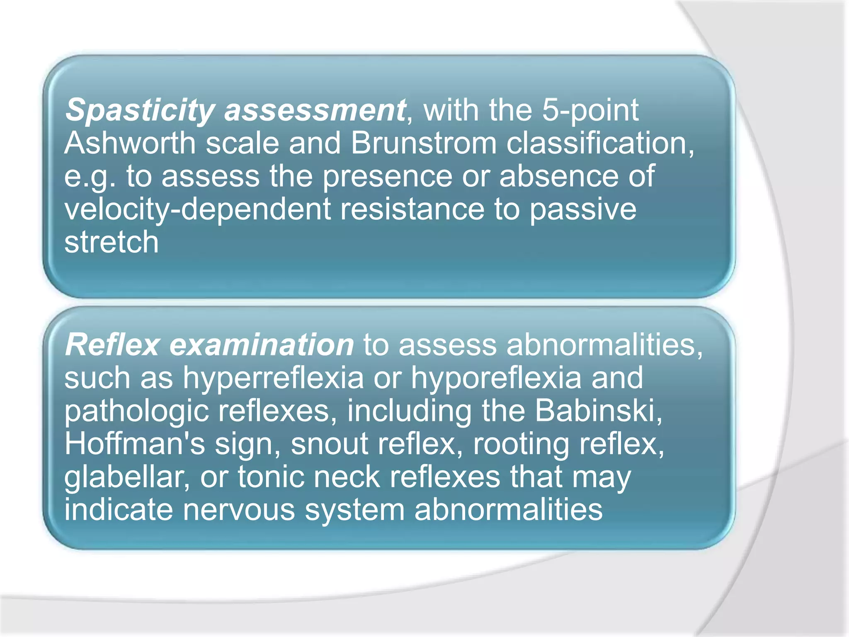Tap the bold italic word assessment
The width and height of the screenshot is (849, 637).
[x=315, y=110]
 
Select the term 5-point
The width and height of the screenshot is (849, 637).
[x=590, y=110]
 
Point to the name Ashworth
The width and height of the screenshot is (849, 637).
[x=130, y=143]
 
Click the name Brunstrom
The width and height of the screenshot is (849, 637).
[x=423, y=143]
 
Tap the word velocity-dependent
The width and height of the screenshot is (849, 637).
[x=197, y=209]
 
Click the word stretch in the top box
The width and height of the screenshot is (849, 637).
[x=112, y=242]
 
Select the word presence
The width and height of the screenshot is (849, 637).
[x=387, y=176]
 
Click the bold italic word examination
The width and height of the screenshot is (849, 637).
[x=262, y=345]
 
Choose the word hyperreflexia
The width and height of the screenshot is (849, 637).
[x=273, y=378]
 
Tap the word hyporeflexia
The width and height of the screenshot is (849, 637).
[x=496, y=378]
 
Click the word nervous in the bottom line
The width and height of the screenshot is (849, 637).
[x=239, y=510]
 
